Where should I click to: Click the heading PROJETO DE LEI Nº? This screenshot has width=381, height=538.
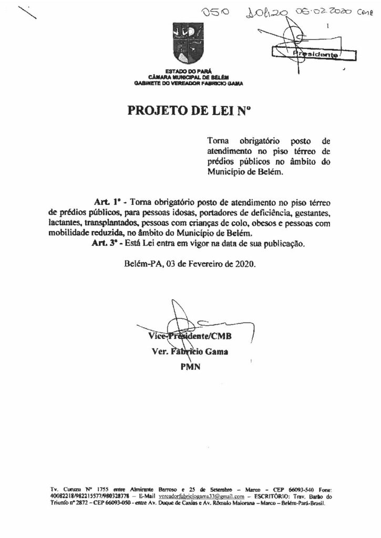point(190,111)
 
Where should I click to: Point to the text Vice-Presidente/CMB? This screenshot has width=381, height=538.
point(190,336)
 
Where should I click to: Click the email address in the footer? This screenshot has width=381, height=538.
point(201,495)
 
